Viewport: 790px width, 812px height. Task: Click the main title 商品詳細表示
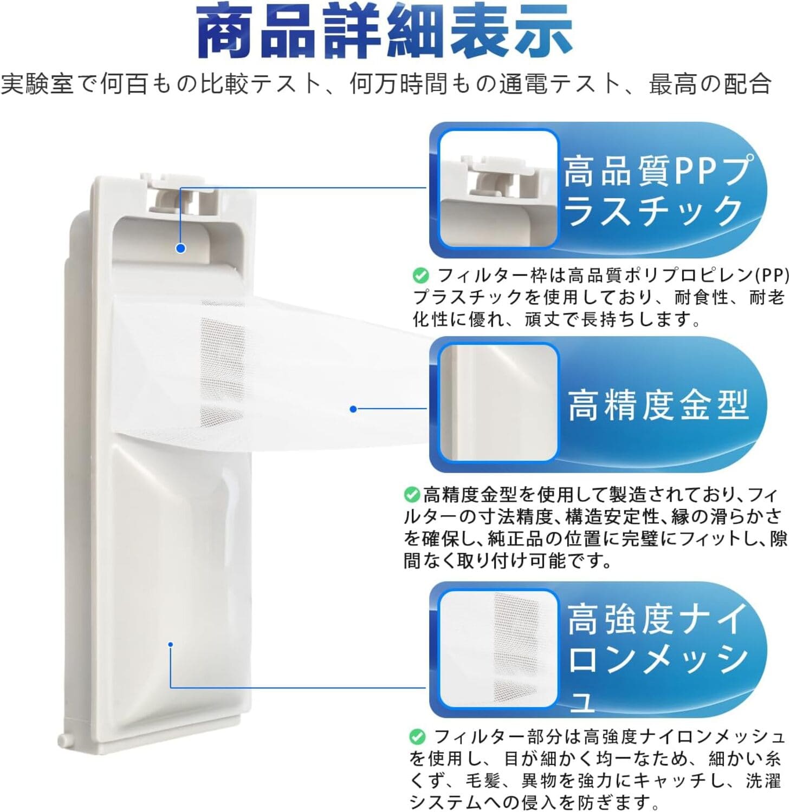pyautogui.click(x=385, y=31)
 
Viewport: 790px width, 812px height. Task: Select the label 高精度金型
pyautogui.click(x=658, y=404)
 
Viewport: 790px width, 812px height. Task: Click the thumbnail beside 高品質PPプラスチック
pyautogui.click(x=498, y=189)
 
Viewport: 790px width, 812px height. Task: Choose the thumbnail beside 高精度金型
pyautogui.click(x=498, y=403)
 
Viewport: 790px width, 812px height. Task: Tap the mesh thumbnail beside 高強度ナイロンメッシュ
pyautogui.click(x=498, y=648)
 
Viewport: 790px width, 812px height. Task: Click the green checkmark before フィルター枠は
pyautogui.click(x=420, y=276)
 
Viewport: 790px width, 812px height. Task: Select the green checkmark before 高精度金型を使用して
pyautogui.click(x=412, y=494)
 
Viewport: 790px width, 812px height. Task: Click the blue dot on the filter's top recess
pyautogui.click(x=181, y=248)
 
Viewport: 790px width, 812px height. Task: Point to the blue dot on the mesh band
pyautogui.click(x=353, y=409)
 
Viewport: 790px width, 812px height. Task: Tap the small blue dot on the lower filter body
pyautogui.click(x=170, y=644)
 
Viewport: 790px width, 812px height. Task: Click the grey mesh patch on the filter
pyautogui.click(x=222, y=360)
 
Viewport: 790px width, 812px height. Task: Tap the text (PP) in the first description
pyautogui.click(x=772, y=276)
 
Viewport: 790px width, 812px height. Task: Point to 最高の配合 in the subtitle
pyautogui.click(x=710, y=84)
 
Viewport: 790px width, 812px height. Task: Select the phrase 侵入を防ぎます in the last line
pyautogui.click(x=580, y=801)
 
